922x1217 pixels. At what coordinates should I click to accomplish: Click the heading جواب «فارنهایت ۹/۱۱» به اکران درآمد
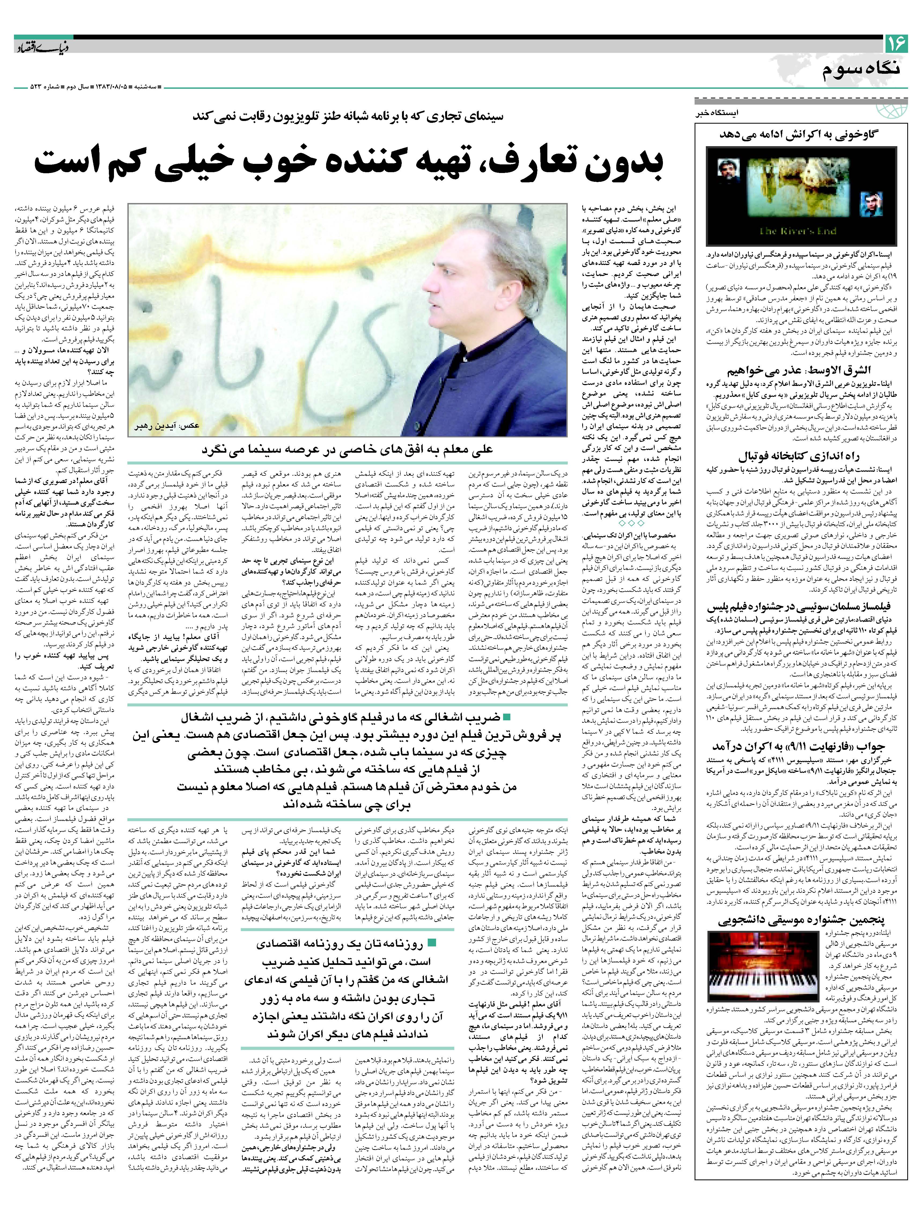point(799,747)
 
